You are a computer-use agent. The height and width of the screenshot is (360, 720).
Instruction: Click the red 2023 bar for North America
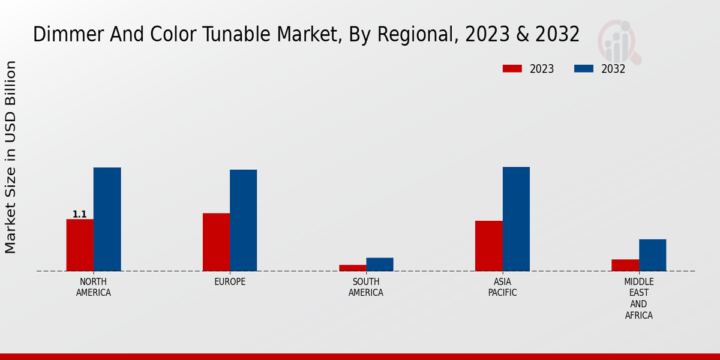(80, 245)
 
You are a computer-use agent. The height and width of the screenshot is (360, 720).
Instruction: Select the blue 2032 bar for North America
(107, 219)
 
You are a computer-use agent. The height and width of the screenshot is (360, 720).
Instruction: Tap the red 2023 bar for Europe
(216, 242)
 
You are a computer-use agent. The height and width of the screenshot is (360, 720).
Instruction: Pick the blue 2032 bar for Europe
(243, 220)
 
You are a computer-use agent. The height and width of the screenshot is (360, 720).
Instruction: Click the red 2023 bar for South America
(352, 268)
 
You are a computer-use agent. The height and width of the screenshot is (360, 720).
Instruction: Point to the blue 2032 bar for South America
(380, 264)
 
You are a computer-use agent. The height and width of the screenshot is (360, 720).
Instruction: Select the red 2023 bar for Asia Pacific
(488, 246)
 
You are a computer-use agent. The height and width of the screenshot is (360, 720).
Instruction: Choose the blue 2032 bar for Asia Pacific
(516, 219)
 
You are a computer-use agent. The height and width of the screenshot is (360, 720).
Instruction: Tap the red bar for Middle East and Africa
(625, 265)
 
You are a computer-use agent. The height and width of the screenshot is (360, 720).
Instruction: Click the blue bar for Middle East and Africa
(652, 255)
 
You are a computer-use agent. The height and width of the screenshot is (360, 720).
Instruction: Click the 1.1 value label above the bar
(80, 214)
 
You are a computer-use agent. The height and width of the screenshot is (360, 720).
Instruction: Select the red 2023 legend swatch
(512, 69)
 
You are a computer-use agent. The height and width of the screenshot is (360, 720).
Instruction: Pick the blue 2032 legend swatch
(584, 69)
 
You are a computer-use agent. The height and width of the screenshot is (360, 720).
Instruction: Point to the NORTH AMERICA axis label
(94, 287)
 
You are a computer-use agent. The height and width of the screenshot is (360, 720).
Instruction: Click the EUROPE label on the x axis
(230, 282)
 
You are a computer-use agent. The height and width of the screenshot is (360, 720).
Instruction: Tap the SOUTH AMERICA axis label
(366, 287)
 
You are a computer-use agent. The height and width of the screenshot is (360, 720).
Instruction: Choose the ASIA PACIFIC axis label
(502, 287)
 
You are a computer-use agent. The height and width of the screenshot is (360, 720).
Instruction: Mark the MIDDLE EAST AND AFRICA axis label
(639, 299)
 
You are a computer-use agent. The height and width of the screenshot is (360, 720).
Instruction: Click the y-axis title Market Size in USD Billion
(11, 157)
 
